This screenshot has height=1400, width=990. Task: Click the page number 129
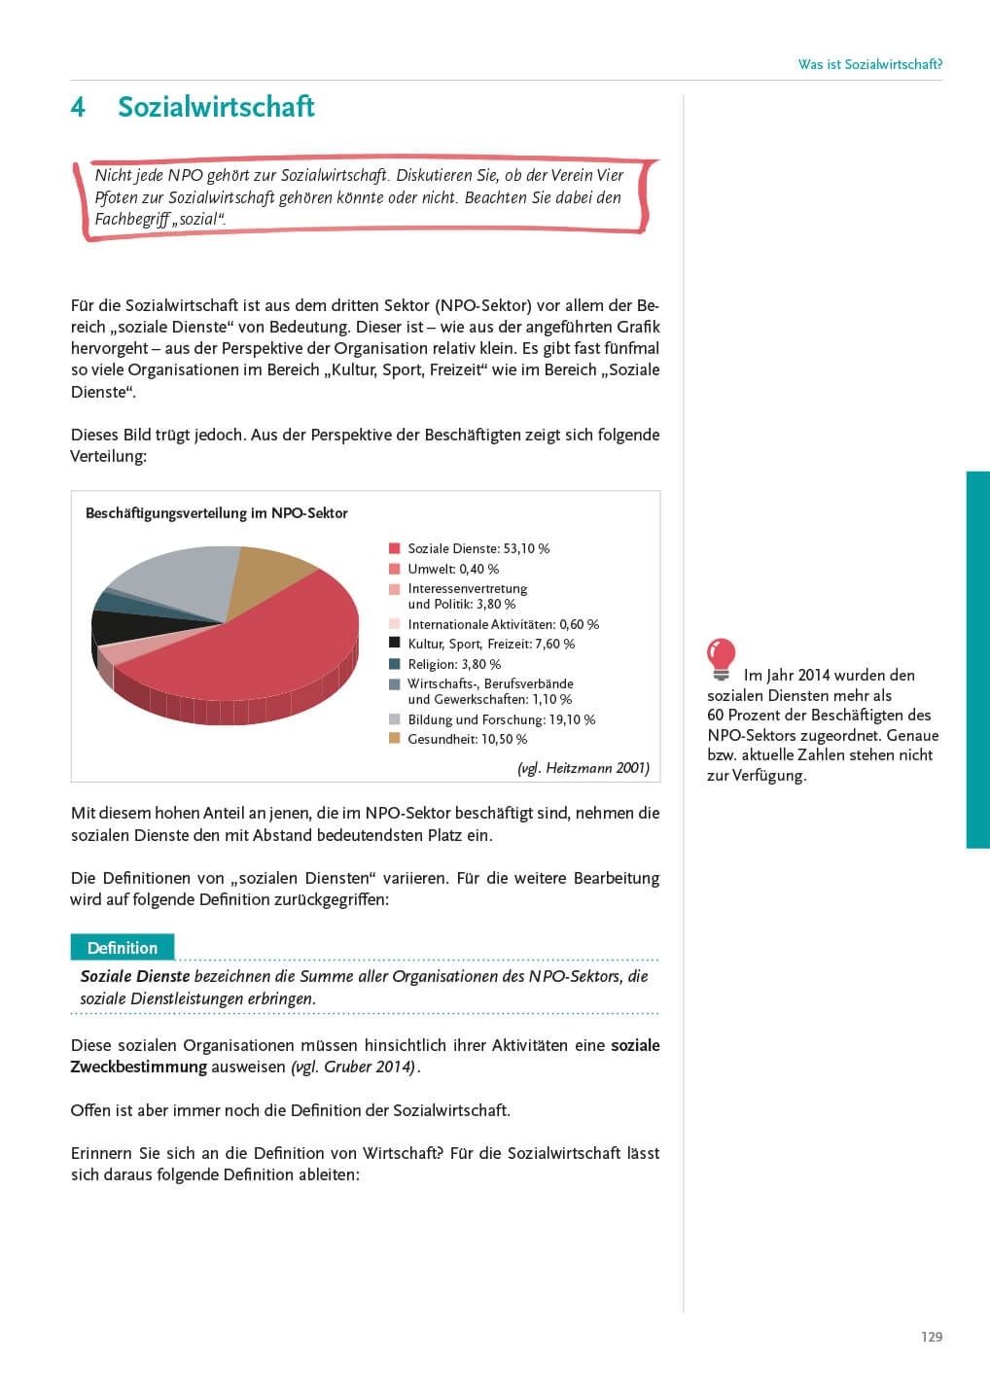[931, 1337]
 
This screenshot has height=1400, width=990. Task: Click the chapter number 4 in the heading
[78, 107]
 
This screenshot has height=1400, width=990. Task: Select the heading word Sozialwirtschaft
[216, 107]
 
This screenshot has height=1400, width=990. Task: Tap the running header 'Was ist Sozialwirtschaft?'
[869, 64]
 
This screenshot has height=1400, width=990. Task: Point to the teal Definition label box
[123, 948]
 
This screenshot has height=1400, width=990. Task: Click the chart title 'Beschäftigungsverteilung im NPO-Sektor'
[216, 513]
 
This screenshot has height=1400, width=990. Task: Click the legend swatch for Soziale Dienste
[394, 548]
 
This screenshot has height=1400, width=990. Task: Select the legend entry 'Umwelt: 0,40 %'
[453, 569]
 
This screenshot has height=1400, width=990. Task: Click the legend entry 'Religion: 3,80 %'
[454, 664]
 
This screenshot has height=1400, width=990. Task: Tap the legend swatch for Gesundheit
[394, 739]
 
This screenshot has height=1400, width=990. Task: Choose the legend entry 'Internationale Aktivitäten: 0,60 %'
[503, 624]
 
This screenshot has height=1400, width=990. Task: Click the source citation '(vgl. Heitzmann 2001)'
[583, 768]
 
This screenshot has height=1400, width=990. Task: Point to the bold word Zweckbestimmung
[138, 1067]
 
